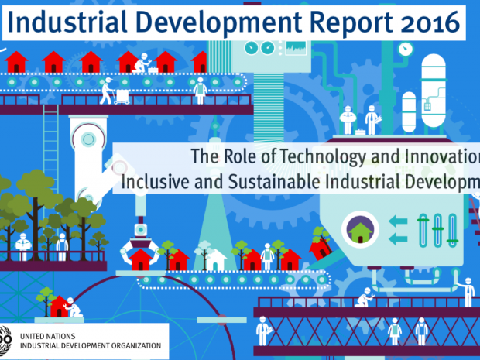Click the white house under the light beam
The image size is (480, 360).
[x=215, y=259]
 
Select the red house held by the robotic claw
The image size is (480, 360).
[x=140, y=259]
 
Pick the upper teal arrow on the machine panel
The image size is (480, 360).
[x=398, y=221]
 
